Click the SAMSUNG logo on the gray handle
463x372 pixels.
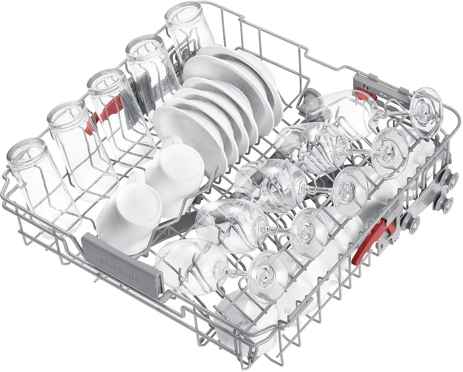click(121, 269)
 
